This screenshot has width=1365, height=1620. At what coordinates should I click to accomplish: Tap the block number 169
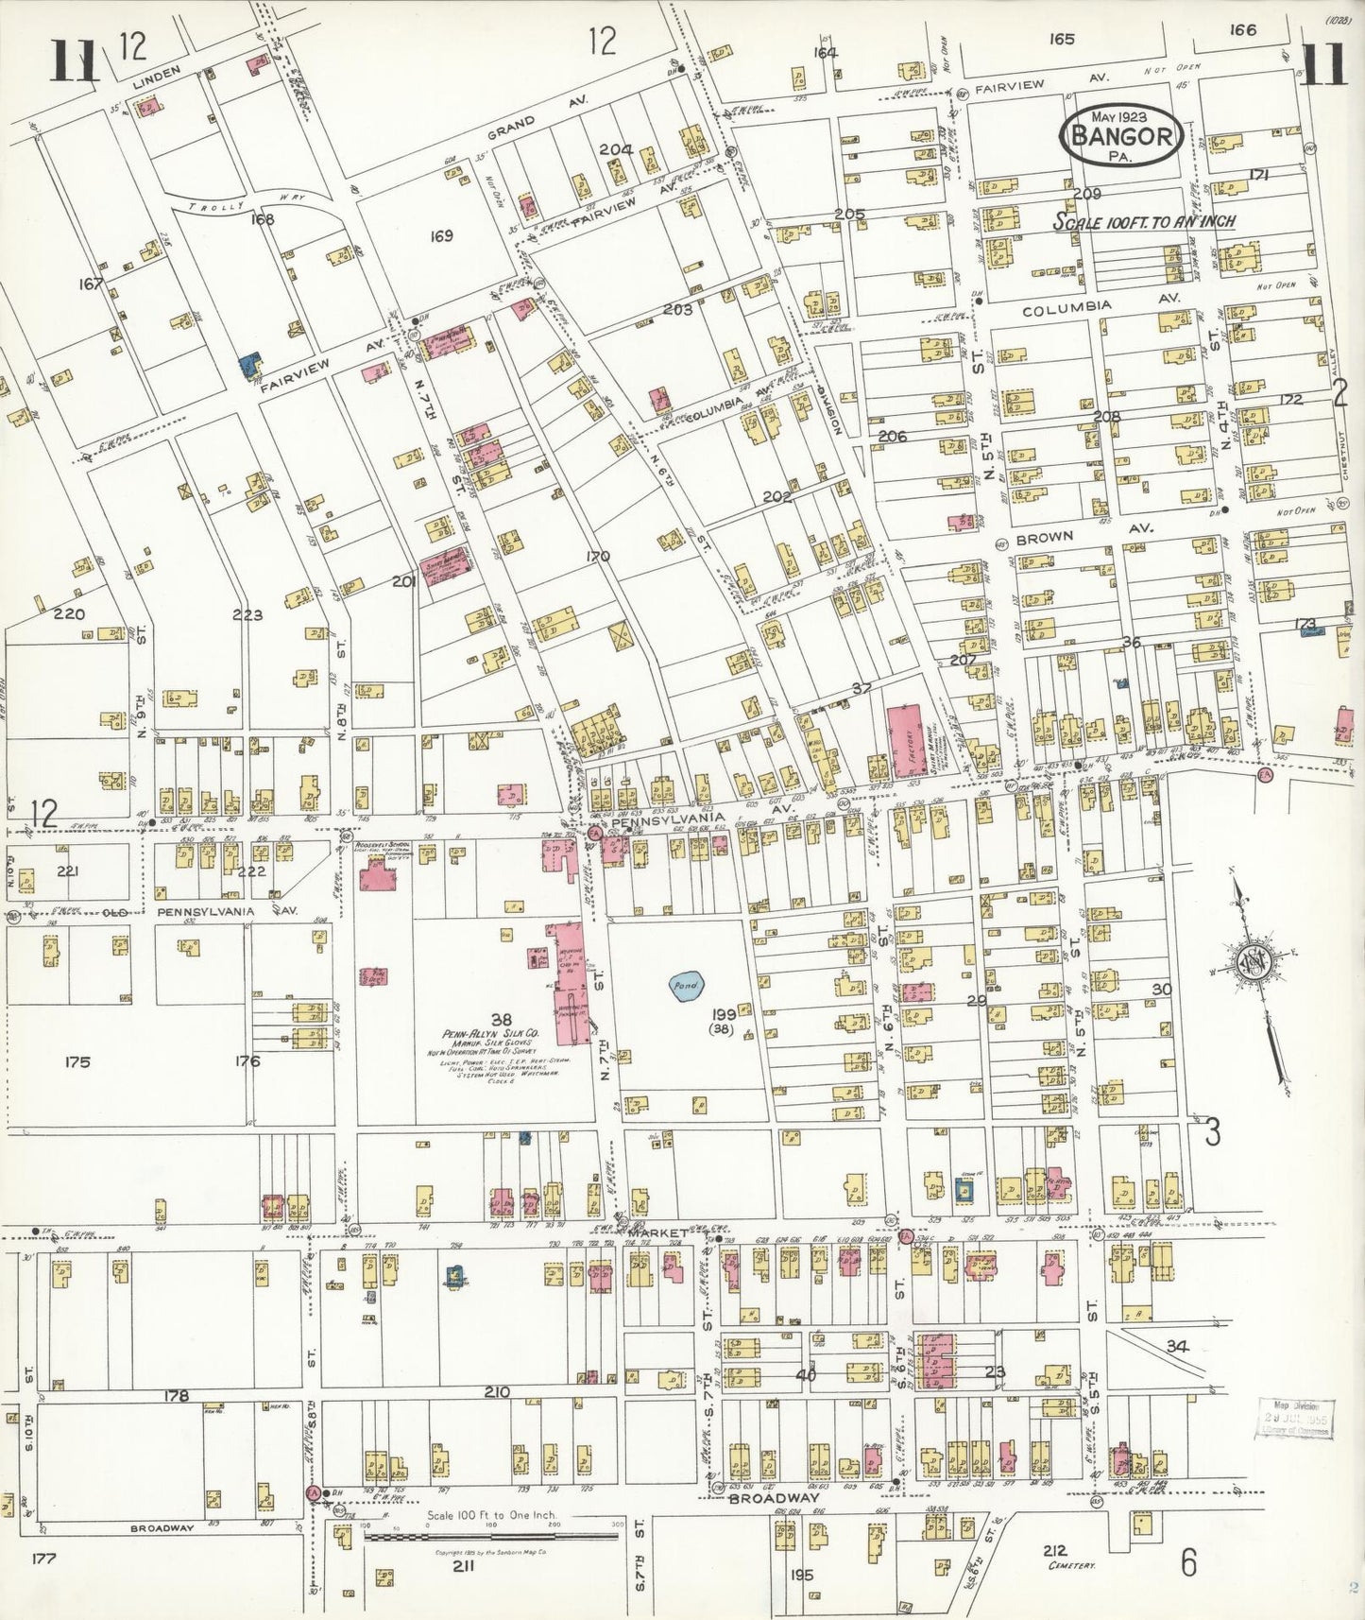click(x=440, y=235)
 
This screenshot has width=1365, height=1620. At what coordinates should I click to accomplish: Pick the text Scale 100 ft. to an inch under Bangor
click(x=1144, y=221)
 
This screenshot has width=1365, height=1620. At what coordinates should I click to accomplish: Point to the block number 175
click(x=77, y=1061)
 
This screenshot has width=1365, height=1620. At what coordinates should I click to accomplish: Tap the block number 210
click(x=497, y=1392)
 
